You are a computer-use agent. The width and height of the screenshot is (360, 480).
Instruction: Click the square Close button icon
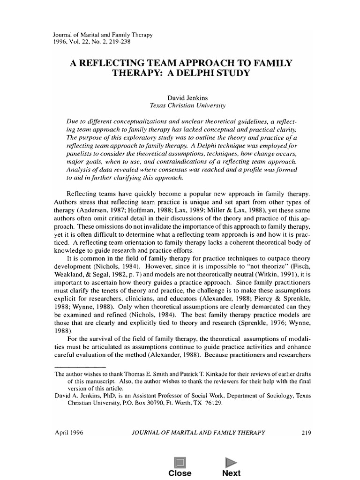click(x=180, y=462)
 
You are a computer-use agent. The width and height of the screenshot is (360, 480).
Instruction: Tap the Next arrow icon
click(x=231, y=462)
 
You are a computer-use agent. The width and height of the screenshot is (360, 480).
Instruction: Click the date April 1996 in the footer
click(x=69, y=433)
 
